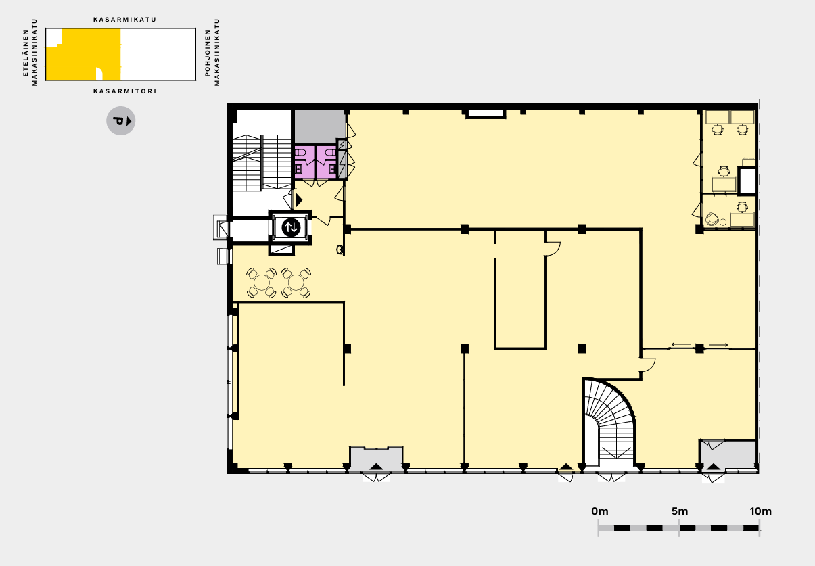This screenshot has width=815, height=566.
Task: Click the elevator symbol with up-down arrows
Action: coord(291,227)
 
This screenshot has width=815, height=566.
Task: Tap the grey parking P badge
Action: coord(121,121)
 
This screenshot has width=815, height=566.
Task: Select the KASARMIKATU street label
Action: coord(125,20)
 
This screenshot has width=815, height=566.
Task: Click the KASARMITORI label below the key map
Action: coord(125,91)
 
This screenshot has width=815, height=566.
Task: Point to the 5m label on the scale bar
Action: coord(680,511)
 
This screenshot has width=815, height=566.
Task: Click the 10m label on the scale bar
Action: coord(760,511)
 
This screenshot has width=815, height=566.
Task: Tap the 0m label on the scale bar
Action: coord(600,511)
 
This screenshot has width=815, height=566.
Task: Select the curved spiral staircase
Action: coord(609,424)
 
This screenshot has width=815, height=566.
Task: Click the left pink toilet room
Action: coord(304,162)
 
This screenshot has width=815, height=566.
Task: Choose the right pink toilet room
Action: coord(327,162)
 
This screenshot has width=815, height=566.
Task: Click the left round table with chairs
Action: coord(261,283)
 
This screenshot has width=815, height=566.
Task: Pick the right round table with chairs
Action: coord(296,283)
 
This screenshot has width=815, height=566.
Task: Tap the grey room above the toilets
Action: coord(319,126)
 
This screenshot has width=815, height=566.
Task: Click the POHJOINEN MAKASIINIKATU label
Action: coord(212,52)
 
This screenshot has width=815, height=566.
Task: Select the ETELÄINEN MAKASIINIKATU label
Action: coord(30,52)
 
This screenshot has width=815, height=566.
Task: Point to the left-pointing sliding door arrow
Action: coord(680,344)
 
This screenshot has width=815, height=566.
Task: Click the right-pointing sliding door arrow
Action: coord(718,345)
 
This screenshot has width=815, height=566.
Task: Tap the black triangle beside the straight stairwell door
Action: coord(299,200)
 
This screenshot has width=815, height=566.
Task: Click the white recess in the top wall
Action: coord(486,114)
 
